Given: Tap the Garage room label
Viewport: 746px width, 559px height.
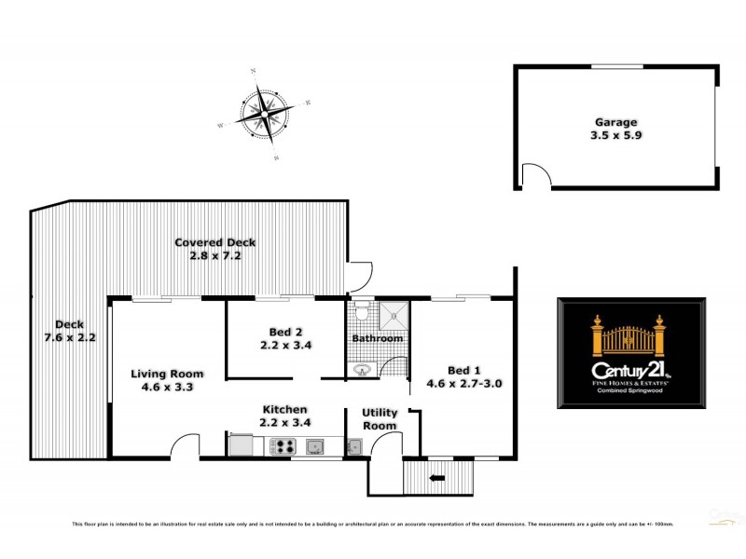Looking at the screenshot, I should [x=616, y=121].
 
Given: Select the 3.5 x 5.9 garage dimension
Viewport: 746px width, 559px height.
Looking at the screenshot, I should [x=616, y=134].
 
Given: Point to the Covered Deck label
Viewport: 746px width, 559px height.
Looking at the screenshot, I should [x=214, y=242].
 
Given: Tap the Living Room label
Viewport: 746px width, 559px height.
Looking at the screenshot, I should [x=166, y=374].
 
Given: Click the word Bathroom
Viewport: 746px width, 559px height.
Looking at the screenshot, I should [x=378, y=337].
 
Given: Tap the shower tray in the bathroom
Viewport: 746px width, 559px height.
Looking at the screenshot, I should [x=395, y=315].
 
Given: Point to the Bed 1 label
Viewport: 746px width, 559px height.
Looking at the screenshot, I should [x=457, y=369].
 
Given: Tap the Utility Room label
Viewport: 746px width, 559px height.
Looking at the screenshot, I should [x=380, y=419].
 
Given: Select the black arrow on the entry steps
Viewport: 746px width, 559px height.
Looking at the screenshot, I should [x=436, y=479].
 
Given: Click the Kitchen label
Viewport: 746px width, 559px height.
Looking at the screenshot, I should [x=284, y=409].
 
